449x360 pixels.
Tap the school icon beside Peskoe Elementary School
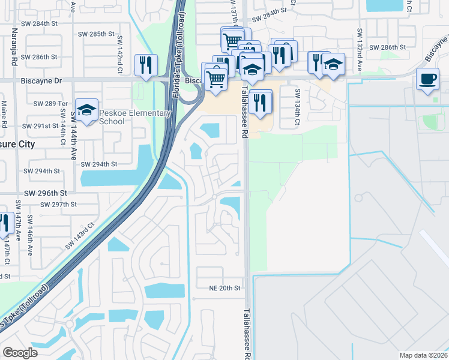point(86,110)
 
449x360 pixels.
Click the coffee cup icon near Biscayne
point(427,80)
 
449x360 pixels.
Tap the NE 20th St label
point(221,288)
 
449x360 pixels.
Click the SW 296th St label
point(45,193)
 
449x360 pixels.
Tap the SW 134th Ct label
point(297,107)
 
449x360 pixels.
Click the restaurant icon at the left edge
point(4,223)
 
